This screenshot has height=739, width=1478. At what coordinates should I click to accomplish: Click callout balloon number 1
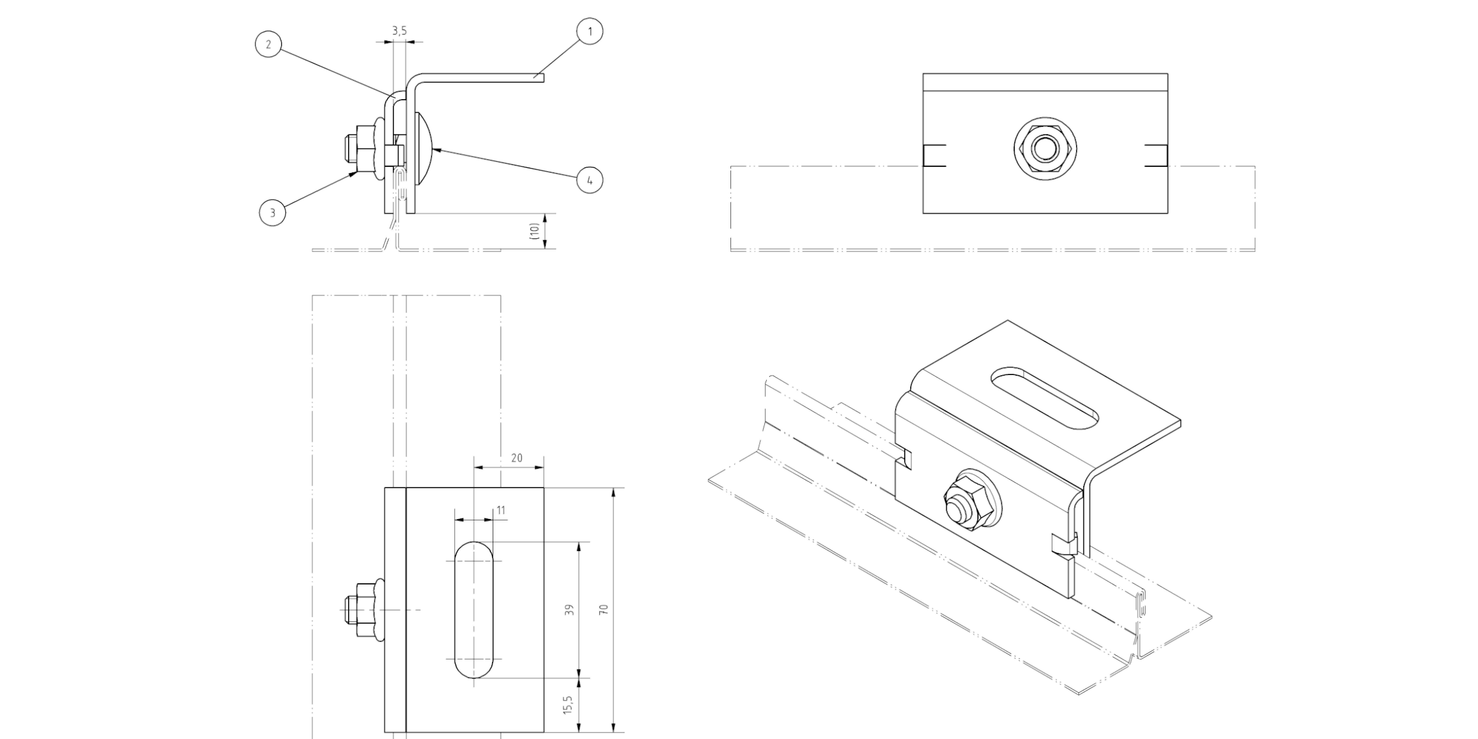tap(590, 31)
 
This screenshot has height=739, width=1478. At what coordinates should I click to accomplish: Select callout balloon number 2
tap(269, 45)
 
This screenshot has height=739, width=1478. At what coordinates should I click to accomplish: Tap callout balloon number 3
tap(272, 213)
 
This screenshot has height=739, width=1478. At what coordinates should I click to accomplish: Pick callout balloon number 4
tap(589, 180)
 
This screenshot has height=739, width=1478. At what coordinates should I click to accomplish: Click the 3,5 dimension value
tap(399, 30)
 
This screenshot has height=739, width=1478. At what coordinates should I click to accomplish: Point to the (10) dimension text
tap(535, 231)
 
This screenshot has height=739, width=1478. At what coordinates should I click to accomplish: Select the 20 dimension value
tap(517, 458)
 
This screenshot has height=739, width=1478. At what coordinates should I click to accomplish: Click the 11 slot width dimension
tap(501, 510)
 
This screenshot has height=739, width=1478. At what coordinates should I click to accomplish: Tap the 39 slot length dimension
tap(570, 610)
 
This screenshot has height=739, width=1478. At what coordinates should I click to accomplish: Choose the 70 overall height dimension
tap(604, 610)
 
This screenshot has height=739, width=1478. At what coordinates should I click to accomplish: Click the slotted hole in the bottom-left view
tap(474, 610)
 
